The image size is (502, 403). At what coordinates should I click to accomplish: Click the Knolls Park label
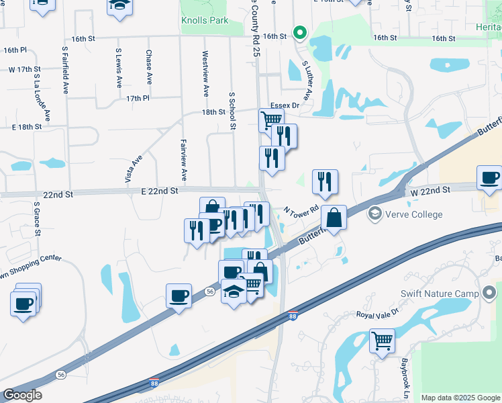tap(205, 20)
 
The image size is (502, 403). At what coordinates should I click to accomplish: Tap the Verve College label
tap(413, 214)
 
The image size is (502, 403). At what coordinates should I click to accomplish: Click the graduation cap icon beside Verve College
tap(374, 214)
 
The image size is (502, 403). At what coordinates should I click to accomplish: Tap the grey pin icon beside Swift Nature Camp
tap(489, 293)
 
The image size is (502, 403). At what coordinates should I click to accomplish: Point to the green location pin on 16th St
tap(301, 32)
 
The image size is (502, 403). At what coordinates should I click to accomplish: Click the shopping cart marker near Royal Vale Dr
tap(382, 341)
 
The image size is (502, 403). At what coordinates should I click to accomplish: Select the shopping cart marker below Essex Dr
tap(271, 120)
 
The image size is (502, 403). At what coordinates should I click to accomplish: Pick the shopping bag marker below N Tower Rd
tap(334, 218)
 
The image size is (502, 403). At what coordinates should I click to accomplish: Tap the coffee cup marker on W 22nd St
tap(489, 178)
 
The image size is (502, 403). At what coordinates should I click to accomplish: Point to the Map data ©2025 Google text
tap(461, 398)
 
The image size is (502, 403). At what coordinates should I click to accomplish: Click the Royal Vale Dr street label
tap(377, 313)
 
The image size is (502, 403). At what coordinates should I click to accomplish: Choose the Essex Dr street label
tap(285, 105)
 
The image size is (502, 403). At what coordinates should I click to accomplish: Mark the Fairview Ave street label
tap(183, 160)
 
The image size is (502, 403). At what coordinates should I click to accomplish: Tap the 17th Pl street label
tap(137, 98)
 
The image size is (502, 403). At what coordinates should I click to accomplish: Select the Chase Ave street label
tap(149, 67)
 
